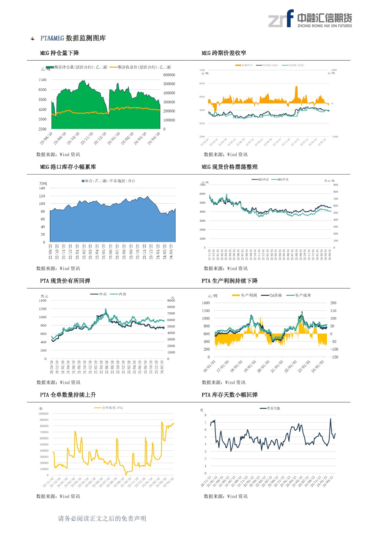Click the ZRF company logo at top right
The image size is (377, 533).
pyautogui.click(x=310, y=19)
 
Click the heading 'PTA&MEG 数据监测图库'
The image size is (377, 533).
pyautogui.click(x=73, y=38)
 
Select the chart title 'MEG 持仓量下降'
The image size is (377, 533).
pyautogui.click(x=60, y=53)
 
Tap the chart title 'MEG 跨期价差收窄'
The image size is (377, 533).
pyautogui.click(x=224, y=53)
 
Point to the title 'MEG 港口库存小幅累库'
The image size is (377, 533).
pyautogui.click(x=68, y=167)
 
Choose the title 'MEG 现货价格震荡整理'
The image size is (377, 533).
pyautogui.click(x=229, y=167)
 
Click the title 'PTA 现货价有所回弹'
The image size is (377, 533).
pyautogui.click(x=65, y=281)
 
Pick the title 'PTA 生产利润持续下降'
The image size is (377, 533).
pyautogui.click(x=229, y=281)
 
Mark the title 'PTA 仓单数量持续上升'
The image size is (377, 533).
pyautogui.click(x=68, y=395)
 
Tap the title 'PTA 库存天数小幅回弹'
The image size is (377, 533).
pyautogui.click(x=229, y=395)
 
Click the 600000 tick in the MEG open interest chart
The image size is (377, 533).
pyautogui.click(x=169, y=75)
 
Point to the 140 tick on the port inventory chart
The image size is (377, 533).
pyautogui.click(x=42, y=188)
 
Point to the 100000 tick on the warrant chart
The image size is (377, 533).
pyautogui.click(x=43, y=414)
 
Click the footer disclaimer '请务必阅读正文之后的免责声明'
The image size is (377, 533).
pyautogui.click(x=102, y=518)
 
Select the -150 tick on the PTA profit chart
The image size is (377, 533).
pyautogui.click(x=334, y=357)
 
